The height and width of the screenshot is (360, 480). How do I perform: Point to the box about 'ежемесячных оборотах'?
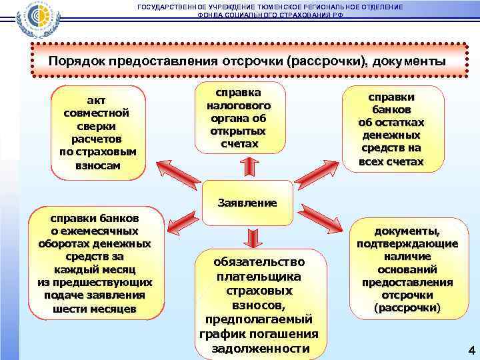pyautogui.click(x=95, y=263)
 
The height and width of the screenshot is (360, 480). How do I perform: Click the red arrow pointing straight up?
pyautogui.click(x=247, y=166)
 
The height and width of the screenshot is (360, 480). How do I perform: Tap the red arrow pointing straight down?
pyautogui.click(x=252, y=237)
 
